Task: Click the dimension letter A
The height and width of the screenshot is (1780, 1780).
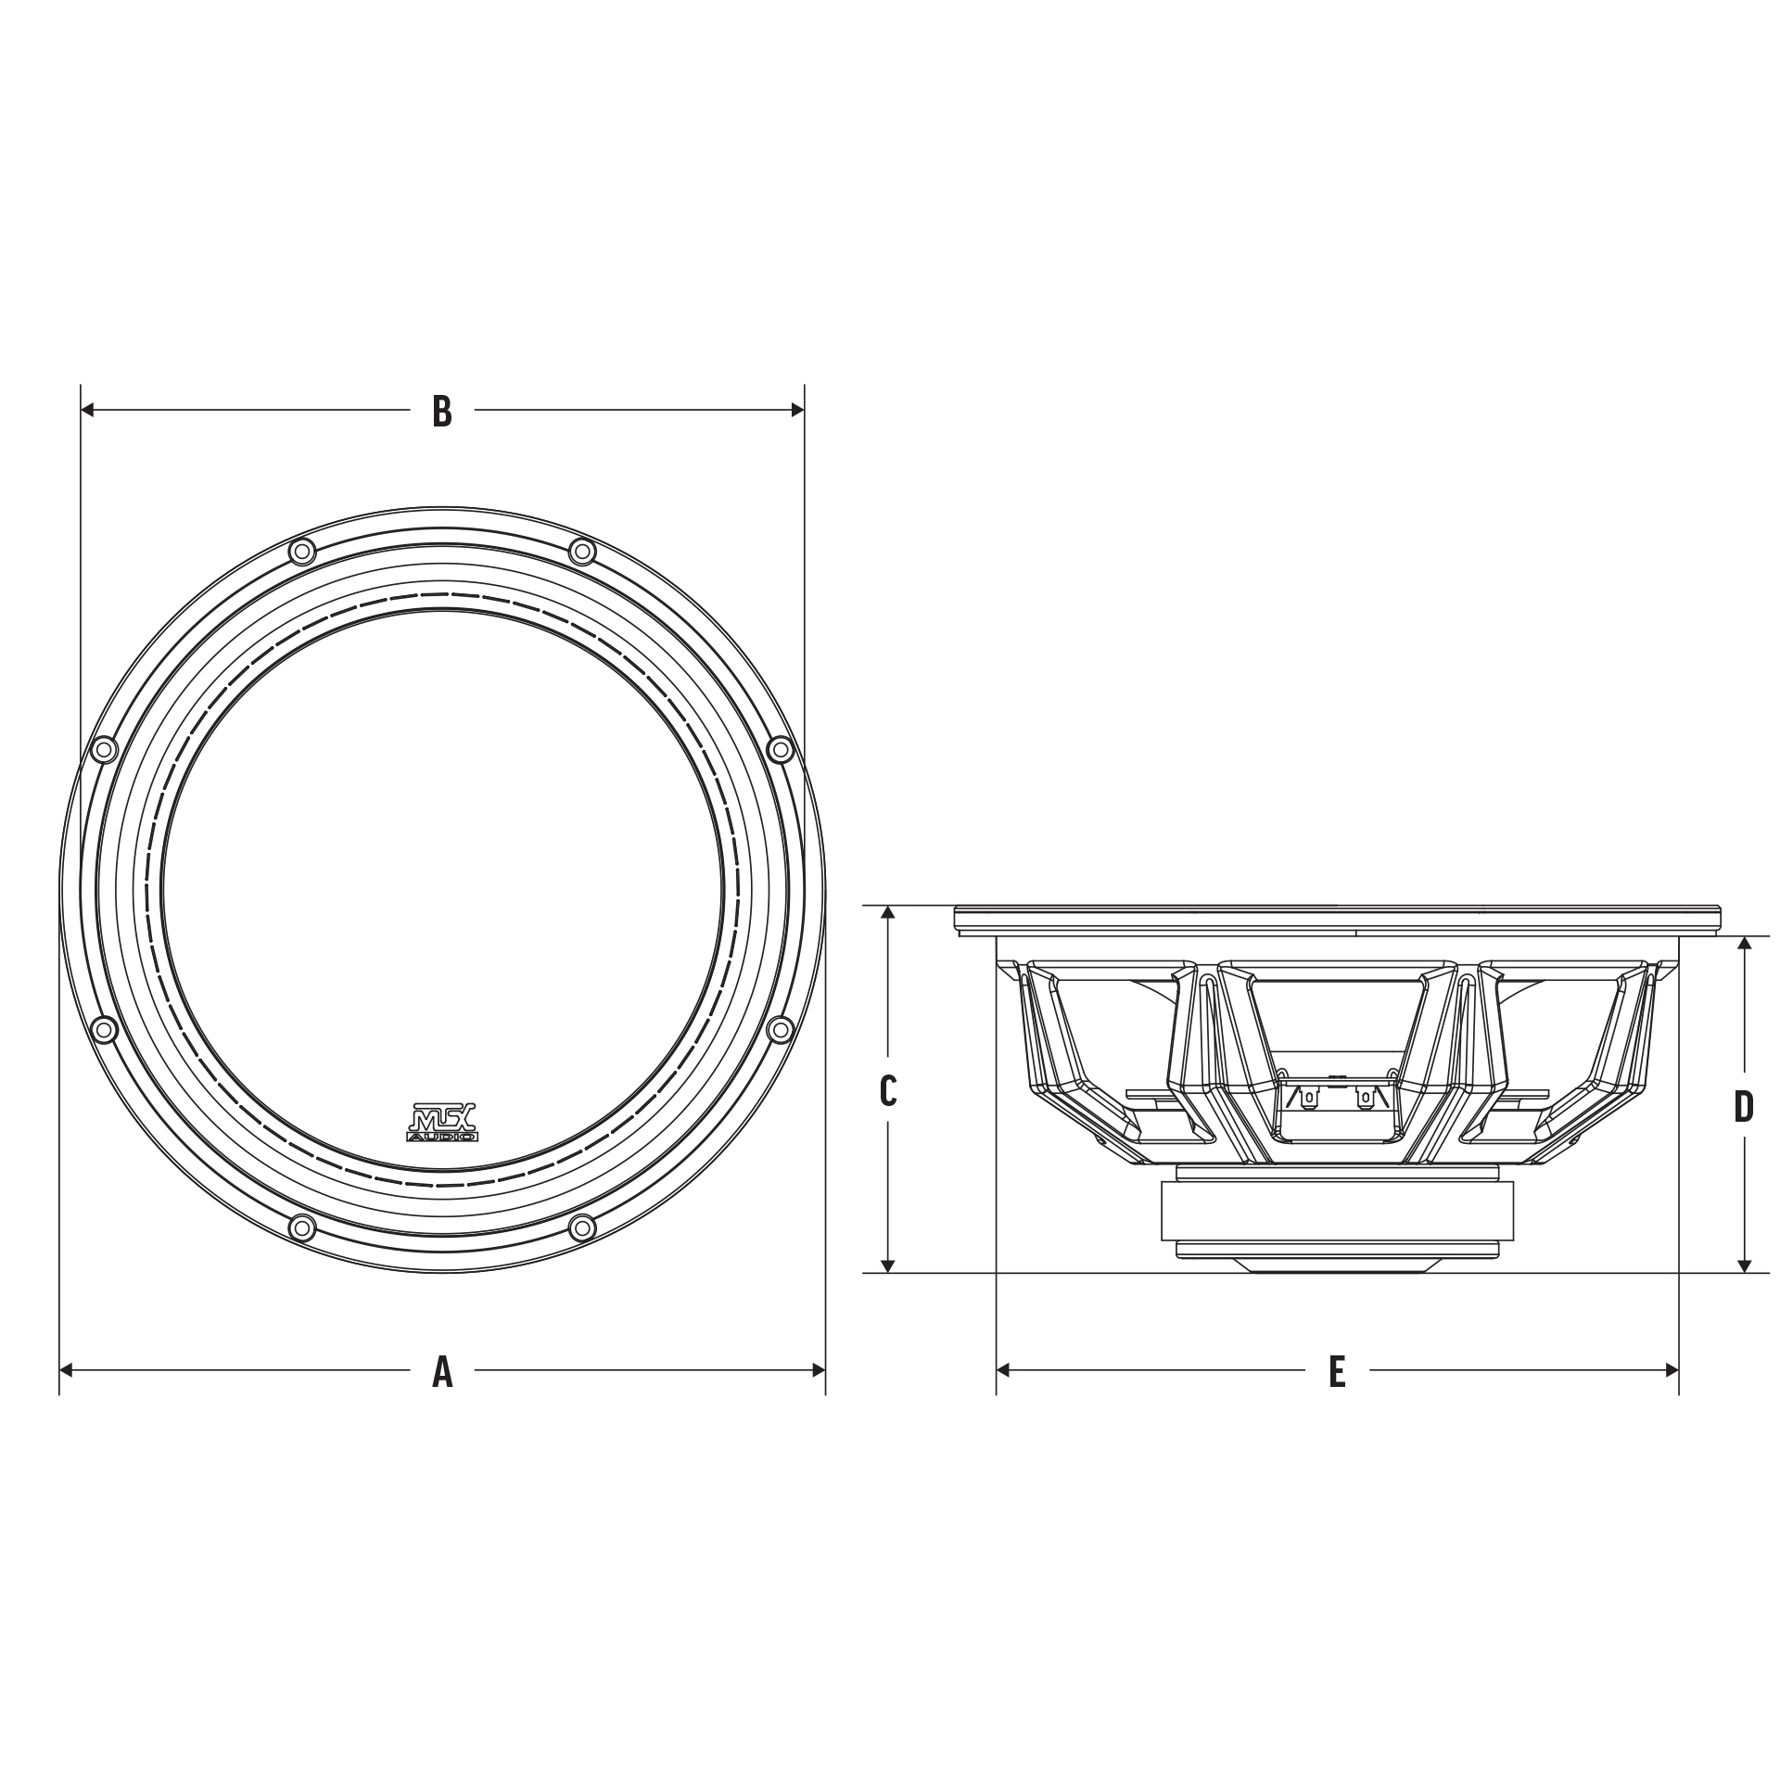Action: click(442, 1371)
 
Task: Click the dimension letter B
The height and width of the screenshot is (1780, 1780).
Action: click(442, 411)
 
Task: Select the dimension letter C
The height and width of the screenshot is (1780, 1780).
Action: click(888, 1091)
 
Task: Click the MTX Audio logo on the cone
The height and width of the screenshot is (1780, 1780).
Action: click(443, 1121)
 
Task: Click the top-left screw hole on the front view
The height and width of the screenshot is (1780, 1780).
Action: click(302, 553)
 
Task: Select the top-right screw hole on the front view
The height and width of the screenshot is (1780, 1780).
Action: click(582, 553)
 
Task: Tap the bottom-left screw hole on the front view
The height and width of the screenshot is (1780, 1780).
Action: click(302, 1228)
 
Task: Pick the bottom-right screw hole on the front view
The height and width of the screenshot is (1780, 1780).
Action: click(582, 1228)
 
